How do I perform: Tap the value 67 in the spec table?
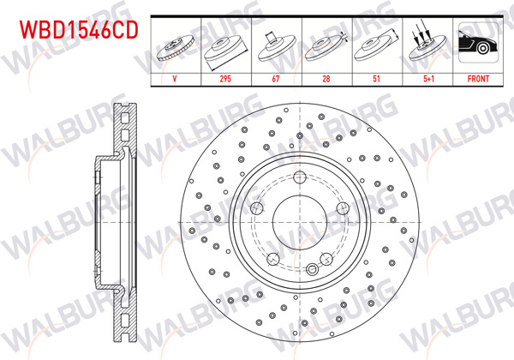click(276, 77)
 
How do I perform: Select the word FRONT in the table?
click(475, 77)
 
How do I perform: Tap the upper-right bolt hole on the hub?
click(343, 208)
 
